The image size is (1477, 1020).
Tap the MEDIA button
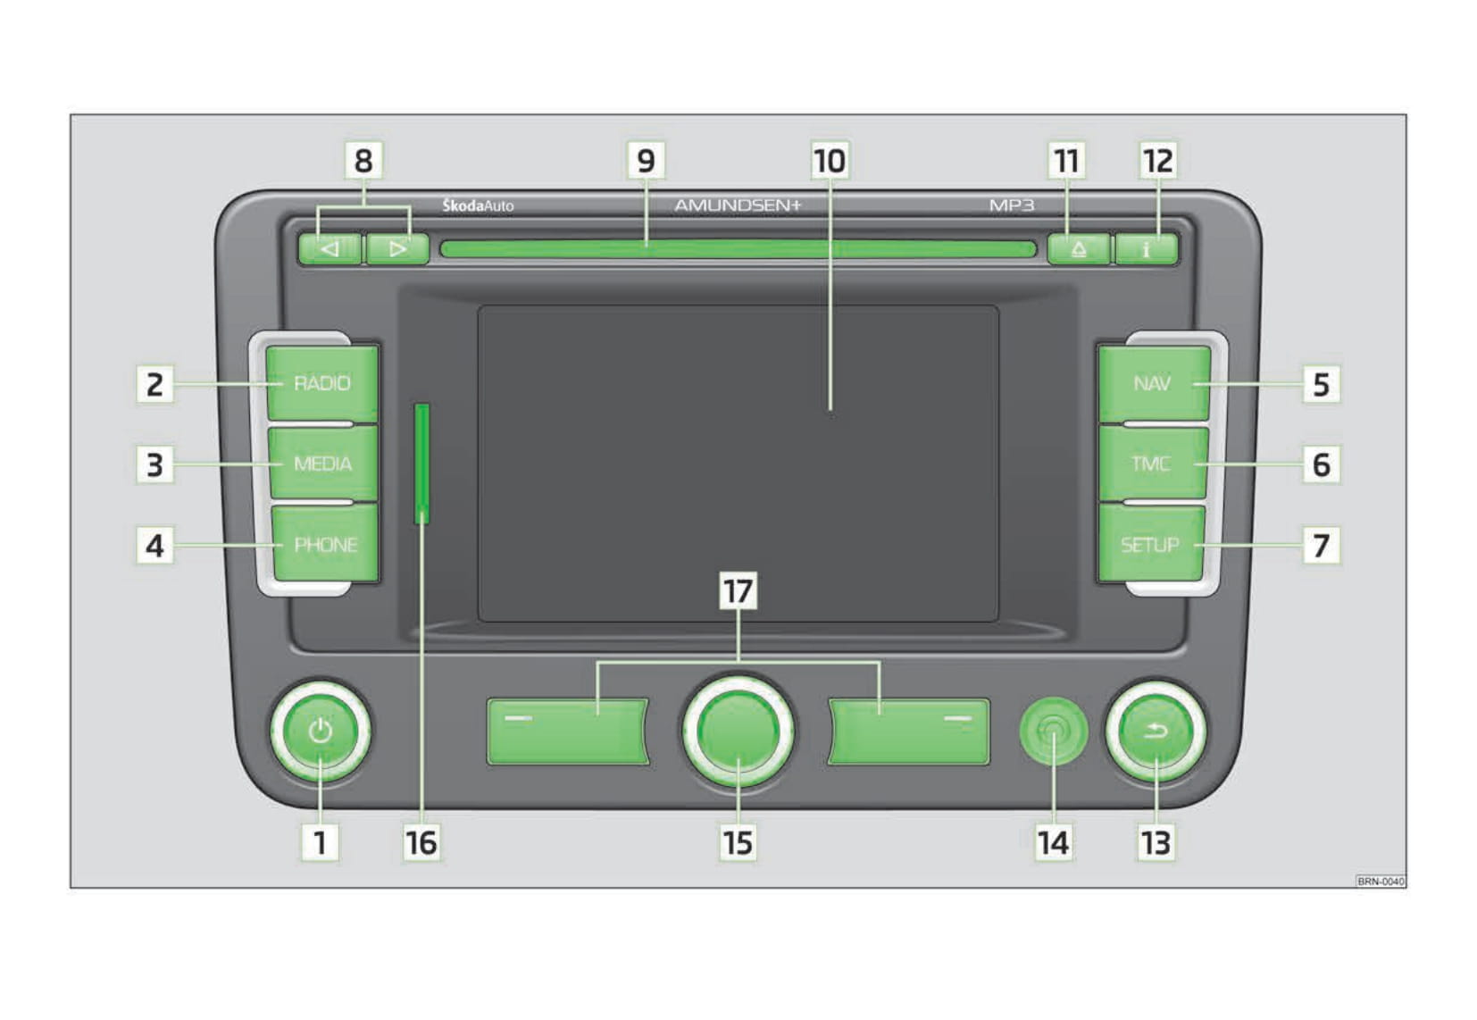coord(323,464)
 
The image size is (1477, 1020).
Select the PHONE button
coord(326,544)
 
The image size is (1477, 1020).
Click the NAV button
coord(1155,383)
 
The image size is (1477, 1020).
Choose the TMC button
coord(1153,464)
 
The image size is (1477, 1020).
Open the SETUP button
coord(1151,544)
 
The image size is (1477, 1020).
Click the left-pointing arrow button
coord(330,249)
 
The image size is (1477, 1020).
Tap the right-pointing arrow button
coord(397,249)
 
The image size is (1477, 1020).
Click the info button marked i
coord(1147,249)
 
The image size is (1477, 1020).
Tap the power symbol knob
coord(321,732)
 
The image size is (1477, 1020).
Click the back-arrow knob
coord(1156,732)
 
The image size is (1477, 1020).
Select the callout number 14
coord(1053,842)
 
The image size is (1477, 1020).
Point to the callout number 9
coord(647,160)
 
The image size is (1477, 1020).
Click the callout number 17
coord(738,590)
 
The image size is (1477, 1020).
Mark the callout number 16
coord(422,842)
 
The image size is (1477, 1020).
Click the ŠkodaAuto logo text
coord(478,205)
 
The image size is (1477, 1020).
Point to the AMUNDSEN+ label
coord(738,205)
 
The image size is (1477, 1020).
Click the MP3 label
coord(1012,205)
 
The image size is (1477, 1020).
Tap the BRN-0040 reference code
coord(1381,881)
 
